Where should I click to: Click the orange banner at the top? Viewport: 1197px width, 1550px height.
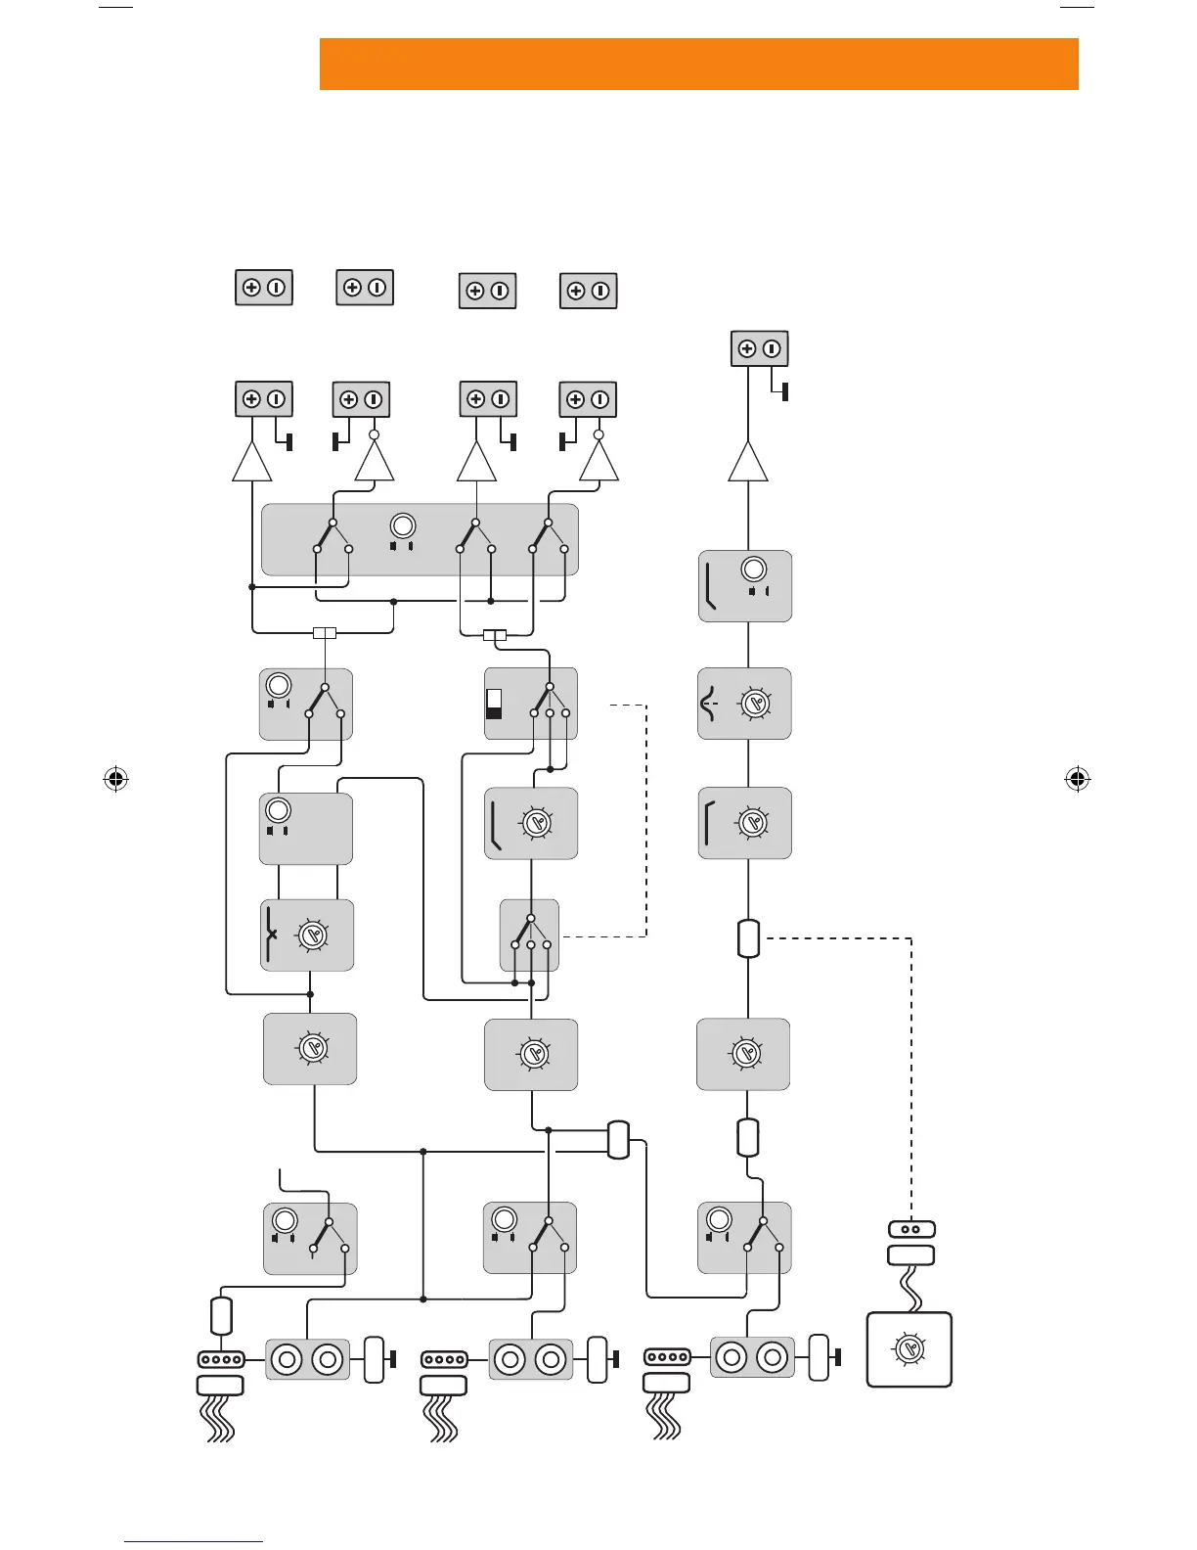698,65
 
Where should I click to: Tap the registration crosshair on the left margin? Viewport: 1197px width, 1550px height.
116,780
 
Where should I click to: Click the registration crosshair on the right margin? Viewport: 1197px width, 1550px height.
1077,780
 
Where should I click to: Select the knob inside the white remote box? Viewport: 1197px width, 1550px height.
909,1348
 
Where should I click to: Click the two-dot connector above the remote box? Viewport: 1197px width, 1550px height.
911,1229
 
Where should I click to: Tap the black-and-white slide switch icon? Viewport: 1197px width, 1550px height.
494,704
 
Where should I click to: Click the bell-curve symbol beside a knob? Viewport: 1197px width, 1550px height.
711,704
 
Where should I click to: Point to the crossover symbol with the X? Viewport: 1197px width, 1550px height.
271,935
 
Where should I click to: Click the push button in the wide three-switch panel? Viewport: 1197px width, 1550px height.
402,525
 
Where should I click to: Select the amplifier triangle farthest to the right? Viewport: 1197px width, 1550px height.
748,462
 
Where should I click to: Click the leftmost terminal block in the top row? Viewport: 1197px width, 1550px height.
264,288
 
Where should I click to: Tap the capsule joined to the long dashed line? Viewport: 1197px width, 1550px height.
748,937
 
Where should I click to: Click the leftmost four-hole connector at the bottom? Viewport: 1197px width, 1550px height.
220,1359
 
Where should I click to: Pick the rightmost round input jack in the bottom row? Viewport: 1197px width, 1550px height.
773,1357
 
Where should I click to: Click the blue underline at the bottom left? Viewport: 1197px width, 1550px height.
194,1542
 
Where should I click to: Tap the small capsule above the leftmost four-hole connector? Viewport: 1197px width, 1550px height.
221,1315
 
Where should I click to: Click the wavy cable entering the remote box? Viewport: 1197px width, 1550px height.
912,1290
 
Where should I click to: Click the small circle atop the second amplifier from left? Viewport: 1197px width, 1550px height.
374,433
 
